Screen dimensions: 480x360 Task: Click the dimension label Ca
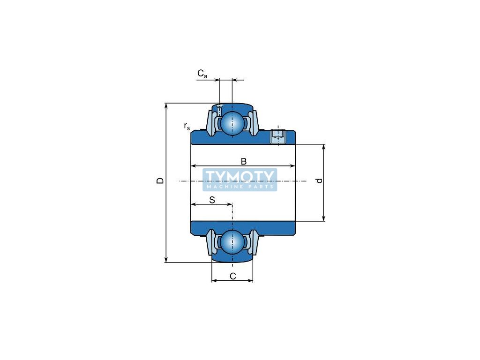click(x=202, y=74)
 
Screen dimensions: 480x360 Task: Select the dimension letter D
click(x=160, y=181)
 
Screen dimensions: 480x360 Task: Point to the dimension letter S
click(x=212, y=200)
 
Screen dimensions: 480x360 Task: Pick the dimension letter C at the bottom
click(x=232, y=276)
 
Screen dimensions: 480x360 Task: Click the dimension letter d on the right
click(x=320, y=181)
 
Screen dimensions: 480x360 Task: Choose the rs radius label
click(x=187, y=126)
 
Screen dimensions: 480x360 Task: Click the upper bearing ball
click(x=232, y=123)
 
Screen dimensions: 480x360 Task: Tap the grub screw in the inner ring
click(x=278, y=136)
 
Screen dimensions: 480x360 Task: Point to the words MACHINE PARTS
click(x=240, y=187)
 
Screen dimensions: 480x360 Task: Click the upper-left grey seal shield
click(x=211, y=123)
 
